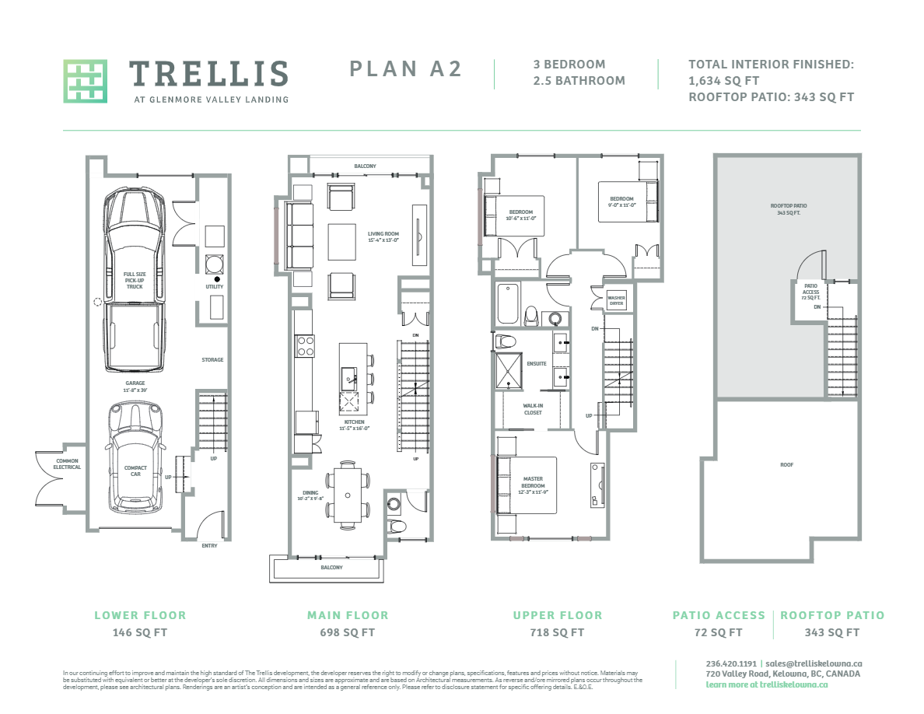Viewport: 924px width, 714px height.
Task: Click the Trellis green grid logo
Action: click(x=85, y=81)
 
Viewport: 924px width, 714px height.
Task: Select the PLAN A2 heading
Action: click(x=405, y=69)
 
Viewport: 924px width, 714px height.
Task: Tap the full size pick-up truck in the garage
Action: click(x=134, y=280)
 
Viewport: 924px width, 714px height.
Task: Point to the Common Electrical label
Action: click(x=67, y=464)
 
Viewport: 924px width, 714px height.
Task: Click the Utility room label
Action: click(x=215, y=287)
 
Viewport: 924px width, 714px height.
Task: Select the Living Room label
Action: click(x=383, y=236)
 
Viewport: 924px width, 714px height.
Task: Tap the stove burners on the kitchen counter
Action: click(x=304, y=345)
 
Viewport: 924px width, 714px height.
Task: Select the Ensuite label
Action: click(x=536, y=363)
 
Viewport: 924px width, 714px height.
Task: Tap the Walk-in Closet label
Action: click(x=532, y=409)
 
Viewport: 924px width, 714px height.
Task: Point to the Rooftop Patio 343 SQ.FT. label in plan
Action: click(x=788, y=209)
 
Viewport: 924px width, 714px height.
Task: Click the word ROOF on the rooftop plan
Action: click(x=787, y=465)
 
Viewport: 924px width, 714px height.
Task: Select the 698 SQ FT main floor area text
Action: click(x=347, y=632)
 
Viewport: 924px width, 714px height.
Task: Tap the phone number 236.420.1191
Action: click(x=724, y=663)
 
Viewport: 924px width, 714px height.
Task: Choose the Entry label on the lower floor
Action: click(x=209, y=545)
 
